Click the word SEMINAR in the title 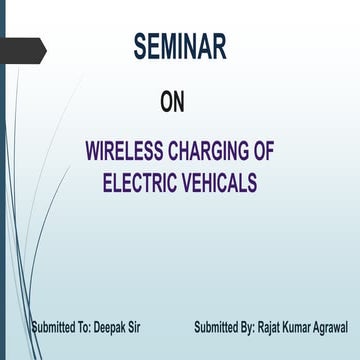(180, 47)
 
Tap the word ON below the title (172, 102)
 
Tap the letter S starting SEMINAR (140, 47)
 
